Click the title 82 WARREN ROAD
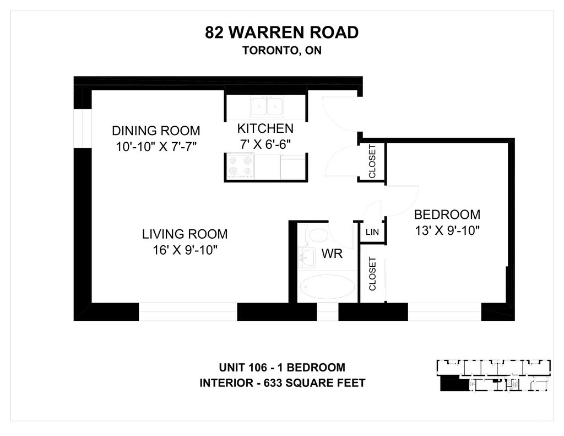[x=281, y=33]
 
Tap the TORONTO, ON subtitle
[x=281, y=50]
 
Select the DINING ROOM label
[x=156, y=130]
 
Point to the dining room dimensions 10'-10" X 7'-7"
[x=156, y=147]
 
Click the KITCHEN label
[x=265, y=128]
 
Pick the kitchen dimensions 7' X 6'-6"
[x=265, y=144]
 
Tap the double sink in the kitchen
[x=267, y=106]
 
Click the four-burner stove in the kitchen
[x=241, y=166]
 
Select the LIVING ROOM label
[x=185, y=234]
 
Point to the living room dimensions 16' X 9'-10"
[x=185, y=250]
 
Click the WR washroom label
[x=332, y=254]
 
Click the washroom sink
[x=307, y=257]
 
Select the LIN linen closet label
[x=372, y=232]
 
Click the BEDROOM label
[x=447, y=214]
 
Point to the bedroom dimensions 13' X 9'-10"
[x=447, y=230]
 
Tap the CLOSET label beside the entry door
[x=372, y=162]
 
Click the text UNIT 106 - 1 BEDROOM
[x=283, y=367]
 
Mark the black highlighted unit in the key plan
[x=454, y=383]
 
